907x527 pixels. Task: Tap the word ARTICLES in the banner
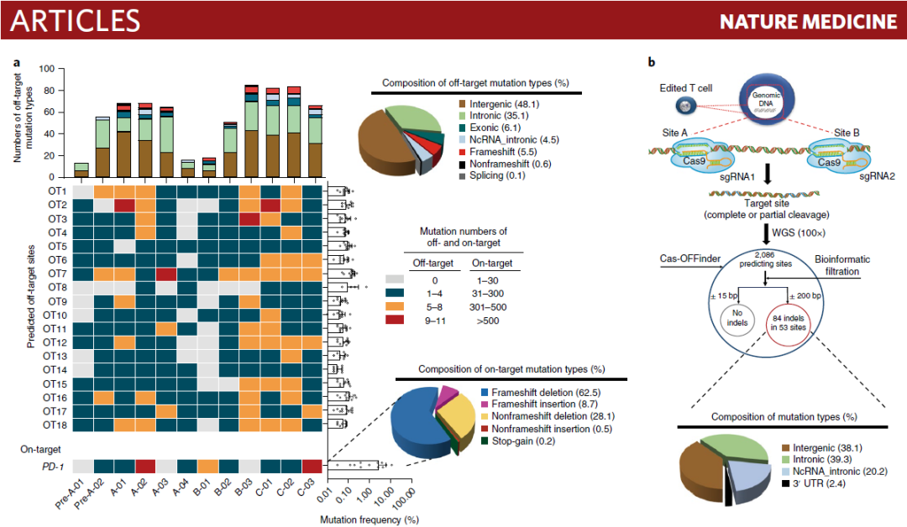tap(76, 20)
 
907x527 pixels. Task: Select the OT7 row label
tap(56, 274)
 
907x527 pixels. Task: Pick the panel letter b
tap(652, 63)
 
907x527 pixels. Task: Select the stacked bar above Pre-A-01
tap(81, 170)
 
